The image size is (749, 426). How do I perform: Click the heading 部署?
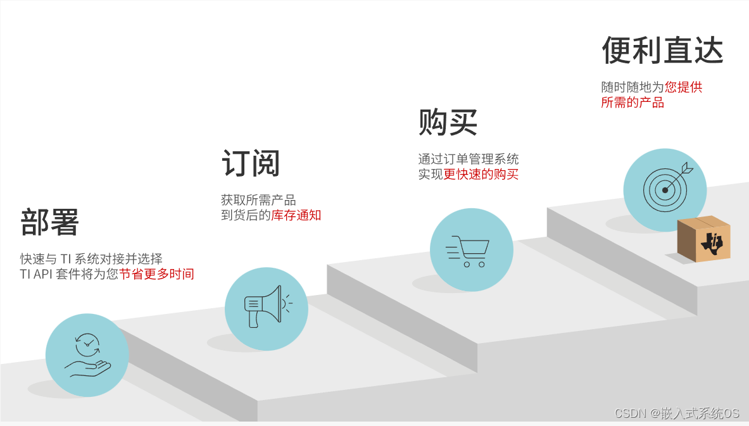coord(49,222)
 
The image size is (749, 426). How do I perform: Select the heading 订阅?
coord(251,164)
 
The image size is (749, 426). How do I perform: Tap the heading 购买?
coord(448,122)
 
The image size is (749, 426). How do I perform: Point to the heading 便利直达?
coord(662,51)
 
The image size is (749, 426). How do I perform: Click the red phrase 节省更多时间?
coord(156,274)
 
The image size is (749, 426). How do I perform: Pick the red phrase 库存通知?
coord(296,215)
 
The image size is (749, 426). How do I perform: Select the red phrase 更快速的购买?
coord(481,174)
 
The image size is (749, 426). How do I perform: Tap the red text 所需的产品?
coord(633,103)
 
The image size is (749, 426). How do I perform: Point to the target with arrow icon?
coord(665,188)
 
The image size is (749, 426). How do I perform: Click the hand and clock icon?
coord(87,355)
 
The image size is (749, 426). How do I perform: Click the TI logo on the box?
coord(713,244)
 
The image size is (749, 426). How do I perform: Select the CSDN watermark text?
coord(676,413)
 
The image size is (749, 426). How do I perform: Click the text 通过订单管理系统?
coord(468,159)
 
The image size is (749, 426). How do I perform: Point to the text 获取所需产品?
coord(258,200)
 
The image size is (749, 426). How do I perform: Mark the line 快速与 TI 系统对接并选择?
coord(91,259)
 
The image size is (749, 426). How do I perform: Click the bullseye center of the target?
coord(664,189)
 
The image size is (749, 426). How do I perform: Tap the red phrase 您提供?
coord(683,87)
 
